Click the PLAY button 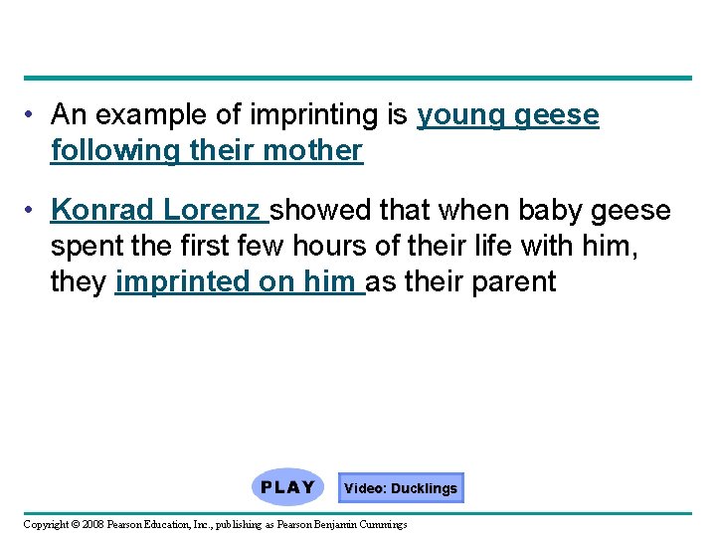coord(287,487)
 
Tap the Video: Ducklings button coord(401,488)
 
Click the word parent coord(516,282)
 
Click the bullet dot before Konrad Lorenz coord(33,211)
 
